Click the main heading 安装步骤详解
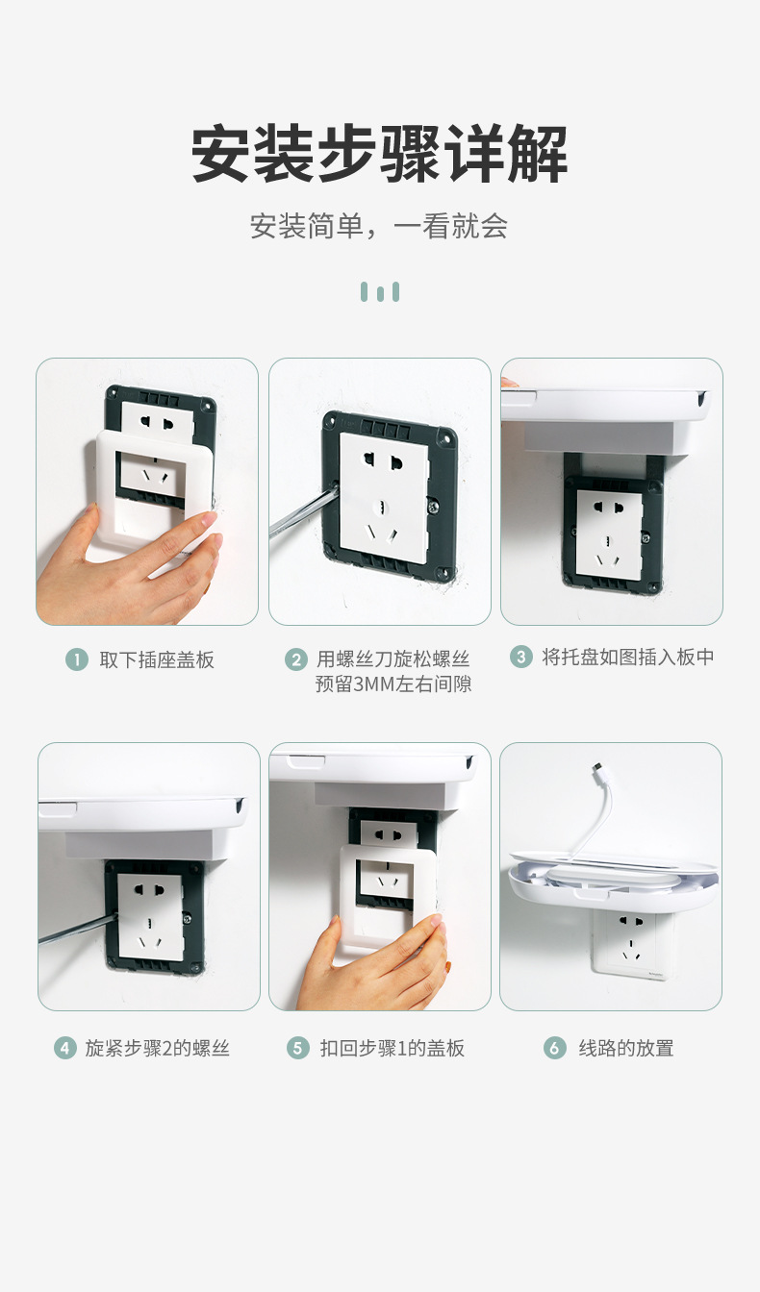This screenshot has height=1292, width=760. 380,154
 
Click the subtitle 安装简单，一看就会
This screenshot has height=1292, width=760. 379,227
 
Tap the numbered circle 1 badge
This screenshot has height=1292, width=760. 77,659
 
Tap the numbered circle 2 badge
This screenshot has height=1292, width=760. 296,659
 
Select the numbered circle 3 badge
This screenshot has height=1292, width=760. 520,658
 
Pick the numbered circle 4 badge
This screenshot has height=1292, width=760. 64,1048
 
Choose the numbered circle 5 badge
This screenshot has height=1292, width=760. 298,1048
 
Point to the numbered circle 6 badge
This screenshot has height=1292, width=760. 555,1048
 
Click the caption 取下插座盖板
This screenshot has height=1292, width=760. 157,659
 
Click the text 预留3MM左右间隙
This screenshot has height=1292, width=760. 393,684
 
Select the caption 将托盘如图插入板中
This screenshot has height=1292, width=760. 628,658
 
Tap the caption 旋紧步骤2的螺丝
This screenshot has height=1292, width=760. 158,1048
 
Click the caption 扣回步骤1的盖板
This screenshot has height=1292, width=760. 393,1048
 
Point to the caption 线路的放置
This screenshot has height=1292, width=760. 626,1048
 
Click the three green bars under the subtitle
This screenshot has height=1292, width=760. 380,292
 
